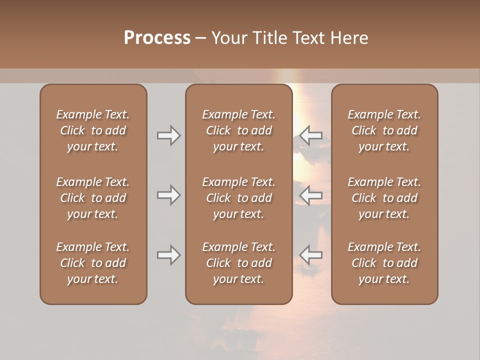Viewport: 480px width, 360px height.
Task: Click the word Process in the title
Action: (x=157, y=37)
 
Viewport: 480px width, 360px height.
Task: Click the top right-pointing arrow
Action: (x=168, y=135)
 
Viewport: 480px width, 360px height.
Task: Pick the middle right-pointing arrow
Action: (x=168, y=194)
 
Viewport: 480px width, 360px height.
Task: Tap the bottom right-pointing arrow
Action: (x=168, y=255)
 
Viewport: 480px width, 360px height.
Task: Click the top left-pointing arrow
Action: (x=311, y=135)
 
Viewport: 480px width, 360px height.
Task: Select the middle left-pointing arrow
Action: (x=311, y=194)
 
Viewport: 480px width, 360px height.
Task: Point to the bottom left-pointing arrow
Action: (x=311, y=255)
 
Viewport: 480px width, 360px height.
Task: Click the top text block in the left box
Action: (x=93, y=130)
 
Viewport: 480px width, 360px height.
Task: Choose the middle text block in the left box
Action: (x=93, y=198)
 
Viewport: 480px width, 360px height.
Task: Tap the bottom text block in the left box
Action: (x=93, y=263)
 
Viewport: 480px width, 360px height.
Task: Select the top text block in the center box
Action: (x=238, y=130)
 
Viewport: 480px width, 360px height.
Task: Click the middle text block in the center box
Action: (x=238, y=198)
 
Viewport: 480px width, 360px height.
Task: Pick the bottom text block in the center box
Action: (x=238, y=263)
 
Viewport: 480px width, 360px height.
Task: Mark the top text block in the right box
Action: (x=384, y=130)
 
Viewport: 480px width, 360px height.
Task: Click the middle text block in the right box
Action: (x=384, y=198)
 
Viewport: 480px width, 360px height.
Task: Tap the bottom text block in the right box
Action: (x=384, y=263)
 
